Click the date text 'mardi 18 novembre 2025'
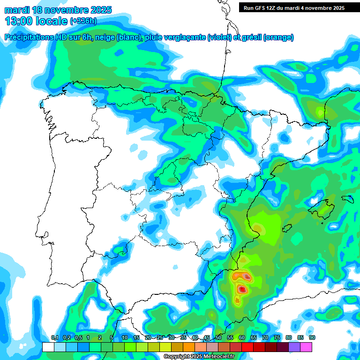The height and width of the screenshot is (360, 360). click(58, 10)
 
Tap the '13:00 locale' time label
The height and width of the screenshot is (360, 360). click(36, 21)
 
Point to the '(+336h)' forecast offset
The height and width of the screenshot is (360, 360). click(84, 21)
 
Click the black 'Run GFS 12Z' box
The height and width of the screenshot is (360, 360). click(294, 7)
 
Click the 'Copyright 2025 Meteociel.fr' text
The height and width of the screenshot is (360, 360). click(199, 357)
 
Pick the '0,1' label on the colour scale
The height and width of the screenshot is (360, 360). click(54, 338)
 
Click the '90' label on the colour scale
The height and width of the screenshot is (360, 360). click(312, 338)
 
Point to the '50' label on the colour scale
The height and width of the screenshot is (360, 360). click(218, 338)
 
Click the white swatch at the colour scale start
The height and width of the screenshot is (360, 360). click(48, 347)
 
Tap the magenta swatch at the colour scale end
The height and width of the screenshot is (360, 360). click(306, 347)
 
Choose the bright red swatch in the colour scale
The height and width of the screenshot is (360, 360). click(247, 347)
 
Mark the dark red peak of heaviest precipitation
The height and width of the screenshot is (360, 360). click(242, 289)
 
